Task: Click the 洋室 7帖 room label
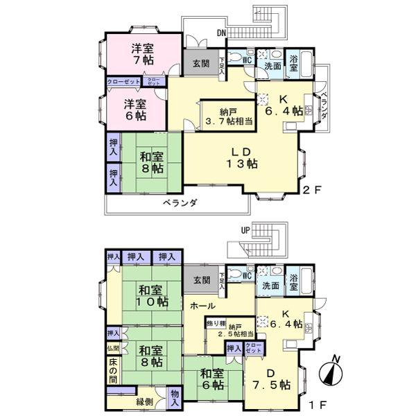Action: (144, 54)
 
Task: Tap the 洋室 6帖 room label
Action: (135, 110)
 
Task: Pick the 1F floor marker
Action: (316, 400)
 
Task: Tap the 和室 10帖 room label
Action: (152, 296)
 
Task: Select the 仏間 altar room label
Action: (113, 348)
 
